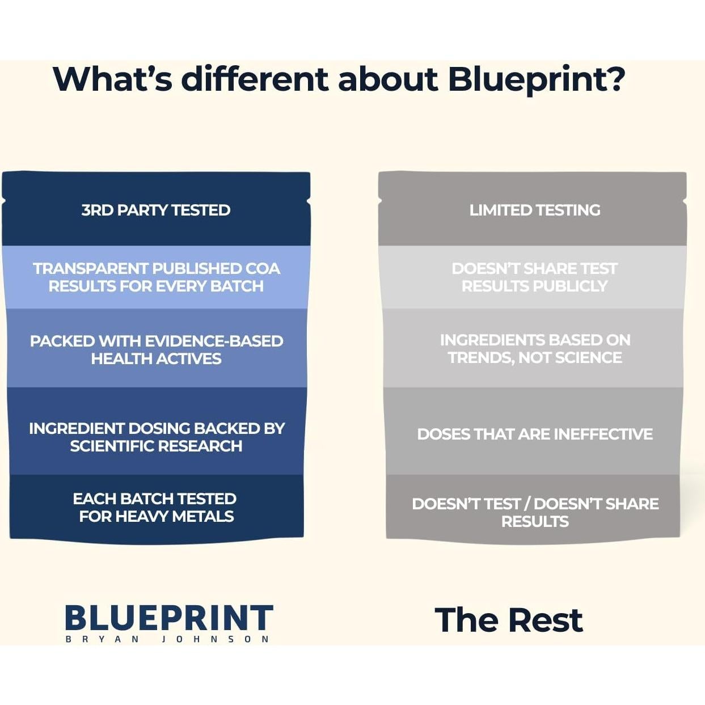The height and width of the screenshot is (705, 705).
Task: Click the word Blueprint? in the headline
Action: click(x=536, y=79)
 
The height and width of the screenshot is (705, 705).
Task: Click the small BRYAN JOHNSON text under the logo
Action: click(x=167, y=639)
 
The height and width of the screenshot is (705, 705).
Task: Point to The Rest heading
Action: click(x=508, y=619)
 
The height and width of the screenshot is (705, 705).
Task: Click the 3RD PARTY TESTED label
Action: click(x=156, y=210)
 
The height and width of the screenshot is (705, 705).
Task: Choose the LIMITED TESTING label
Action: click(x=534, y=210)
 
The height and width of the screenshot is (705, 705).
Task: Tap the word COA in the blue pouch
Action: click(x=263, y=268)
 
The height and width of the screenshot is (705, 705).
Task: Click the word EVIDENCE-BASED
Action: click(x=214, y=341)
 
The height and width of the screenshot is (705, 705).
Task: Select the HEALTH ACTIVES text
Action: click(x=156, y=358)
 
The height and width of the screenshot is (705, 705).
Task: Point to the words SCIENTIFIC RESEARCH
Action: click(x=156, y=446)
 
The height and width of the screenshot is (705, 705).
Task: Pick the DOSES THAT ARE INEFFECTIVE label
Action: click(x=534, y=434)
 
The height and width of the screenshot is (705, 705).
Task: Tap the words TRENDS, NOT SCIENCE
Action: click(x=534, y=357)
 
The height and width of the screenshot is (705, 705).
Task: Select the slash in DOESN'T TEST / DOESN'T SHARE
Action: click(x=527, y=504)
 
